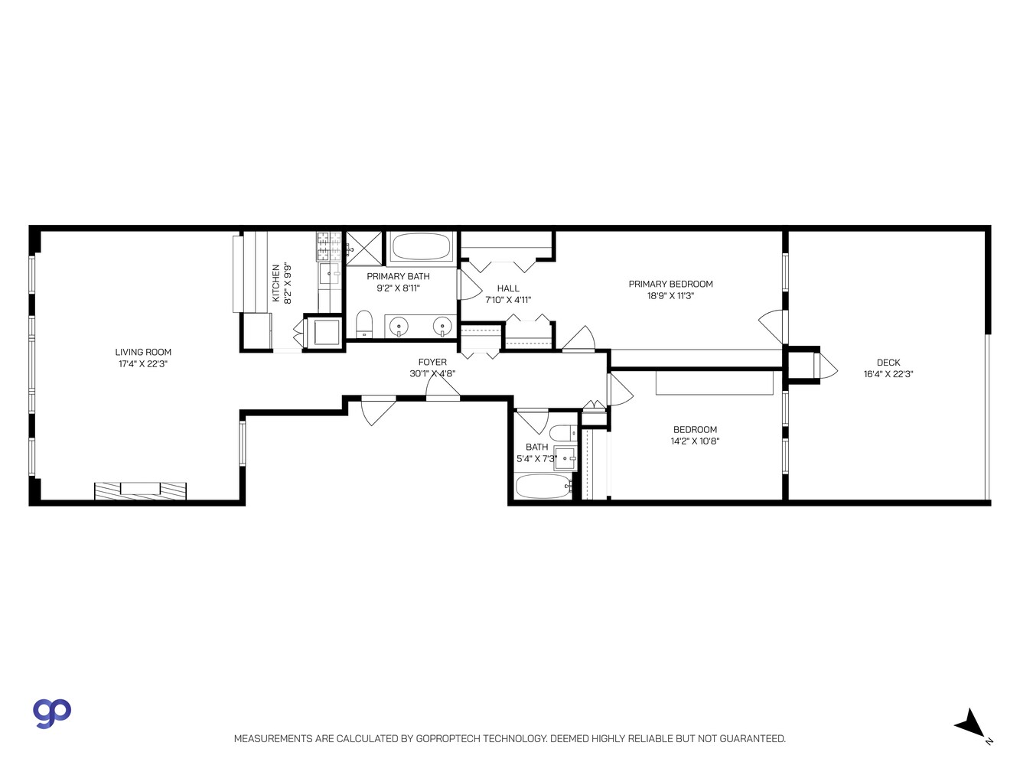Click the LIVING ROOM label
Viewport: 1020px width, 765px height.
coord(143,353)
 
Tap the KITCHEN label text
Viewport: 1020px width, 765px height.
coord(276,284)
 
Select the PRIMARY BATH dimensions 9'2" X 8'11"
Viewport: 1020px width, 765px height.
coord(398,288)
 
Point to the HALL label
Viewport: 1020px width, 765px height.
coord(508,288)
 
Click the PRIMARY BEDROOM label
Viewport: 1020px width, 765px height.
coord(670,284)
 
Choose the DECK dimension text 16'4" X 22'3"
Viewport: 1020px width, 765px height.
coord(888,374)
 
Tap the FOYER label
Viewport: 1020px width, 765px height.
coord(432,363)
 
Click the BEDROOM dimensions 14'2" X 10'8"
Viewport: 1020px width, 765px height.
coord(695,441)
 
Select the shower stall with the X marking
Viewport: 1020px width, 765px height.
coord(363,247)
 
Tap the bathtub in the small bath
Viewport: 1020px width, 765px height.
coord(543,486)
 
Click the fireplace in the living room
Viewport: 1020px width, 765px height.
coord(141,490)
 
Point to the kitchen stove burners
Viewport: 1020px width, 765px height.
coord(329,246)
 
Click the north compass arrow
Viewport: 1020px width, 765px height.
coord(971,723)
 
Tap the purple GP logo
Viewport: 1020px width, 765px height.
coord(52,712)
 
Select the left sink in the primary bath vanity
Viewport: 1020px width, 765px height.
coord(399,327)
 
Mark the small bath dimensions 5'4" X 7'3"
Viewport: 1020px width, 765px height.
coord(536,459)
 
